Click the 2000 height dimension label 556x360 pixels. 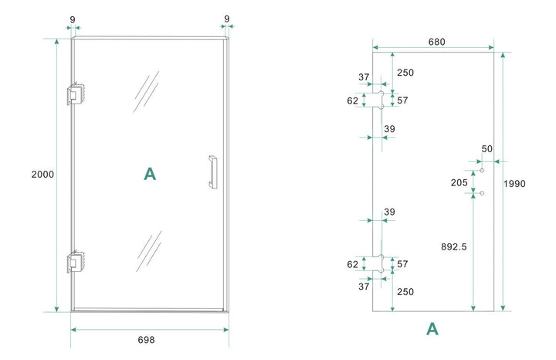pyautogui.click(x=42, y=175)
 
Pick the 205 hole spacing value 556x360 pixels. pyautogui.click(x=459, y=182)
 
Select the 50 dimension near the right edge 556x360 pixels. pyautogui.click(x=486, y=148)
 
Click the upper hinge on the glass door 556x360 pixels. pyautogui.click(x=76, y=93)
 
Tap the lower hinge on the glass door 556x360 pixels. pyautogui.click(x=76, y=261)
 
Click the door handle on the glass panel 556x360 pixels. pyautogui.click(x=212, y=172)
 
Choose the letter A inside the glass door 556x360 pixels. pyautogui.click(x=150, y=174)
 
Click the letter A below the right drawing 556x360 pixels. pyautogui.click(x=432, y=330)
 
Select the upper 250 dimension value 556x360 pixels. pyautogui.click(x=405, y=73)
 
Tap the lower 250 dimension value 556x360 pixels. pyautogui.click(x=405, y=291)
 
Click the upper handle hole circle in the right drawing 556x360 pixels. pyautogui.click(x=481, y=169)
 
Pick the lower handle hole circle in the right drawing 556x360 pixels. pyautogui.click(x=481, y=193)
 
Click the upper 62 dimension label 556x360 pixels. pyautogui.click(x=353, y=100)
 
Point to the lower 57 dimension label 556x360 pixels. pyautogui.click(x=402, y=264)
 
